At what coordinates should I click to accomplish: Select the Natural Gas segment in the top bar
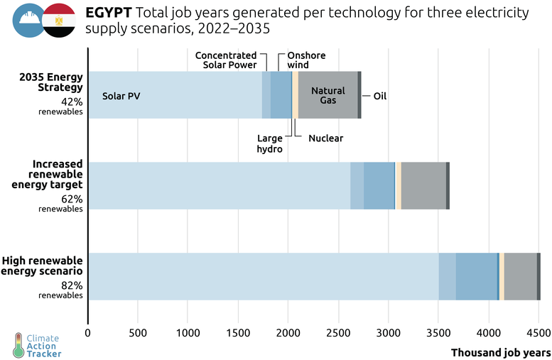[x=328, y=95]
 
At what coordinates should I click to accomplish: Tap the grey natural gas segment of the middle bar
[x=423, y=185]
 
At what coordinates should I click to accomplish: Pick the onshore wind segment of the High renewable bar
[x=476, y=276]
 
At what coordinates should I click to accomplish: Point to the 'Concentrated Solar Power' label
[x=226, y=60]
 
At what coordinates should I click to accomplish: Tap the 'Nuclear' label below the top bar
[x=326, y=138]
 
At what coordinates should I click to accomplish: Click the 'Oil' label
[x=380, y=96]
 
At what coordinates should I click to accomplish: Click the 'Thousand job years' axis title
[x=500, y=351]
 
